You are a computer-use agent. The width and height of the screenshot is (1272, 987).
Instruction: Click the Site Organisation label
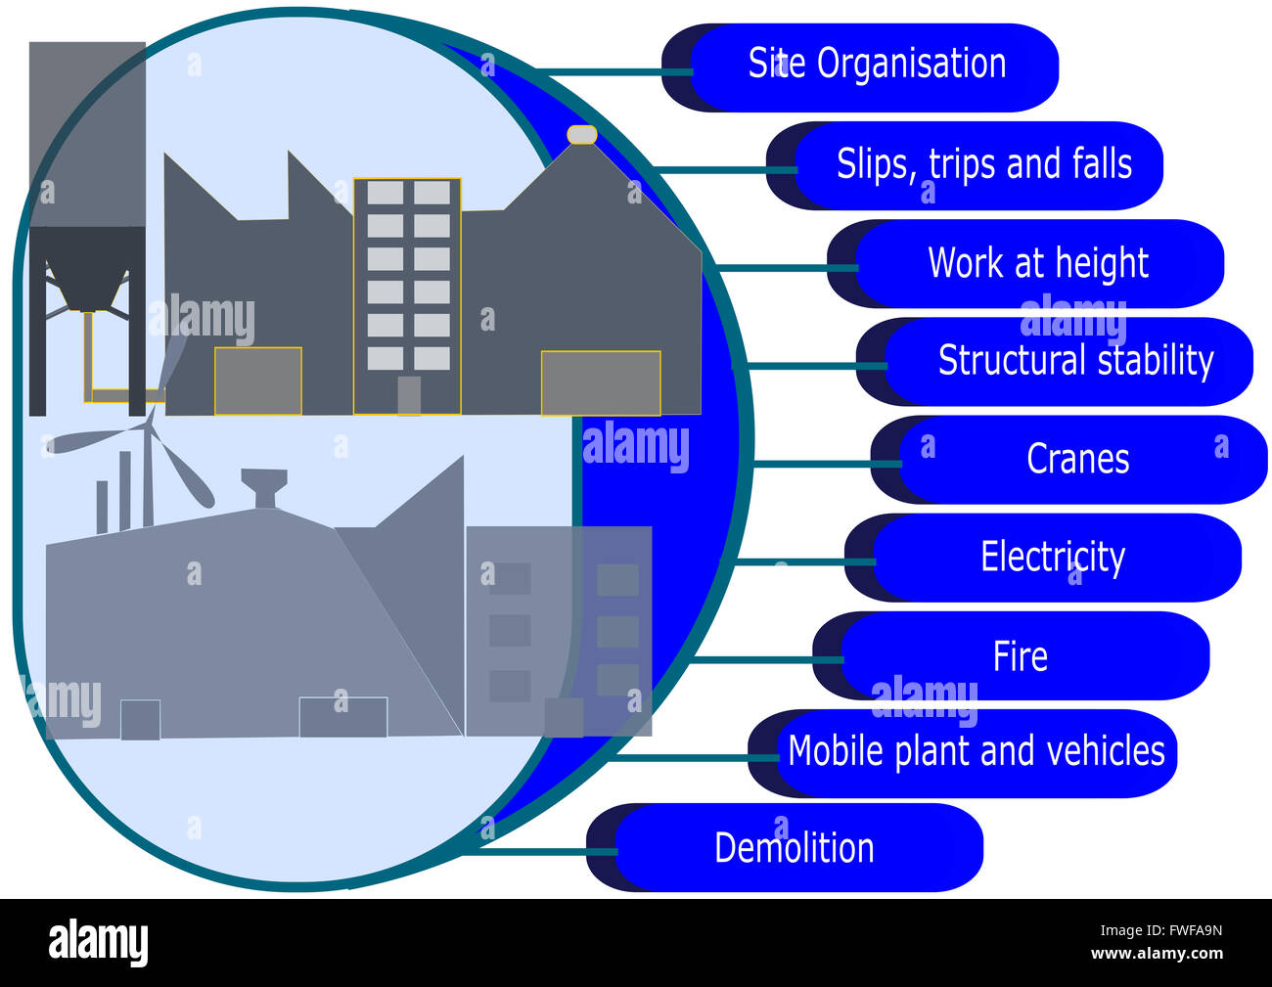[x=877, y=64]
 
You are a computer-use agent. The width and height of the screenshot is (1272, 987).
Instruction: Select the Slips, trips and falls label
[x=984, y=163]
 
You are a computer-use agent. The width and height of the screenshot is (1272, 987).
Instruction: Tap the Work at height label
[x=1038, y=263]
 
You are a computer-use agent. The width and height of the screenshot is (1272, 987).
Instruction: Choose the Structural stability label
[x=1076, y=360]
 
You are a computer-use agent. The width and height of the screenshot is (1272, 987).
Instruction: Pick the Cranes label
[x=1077, y=459]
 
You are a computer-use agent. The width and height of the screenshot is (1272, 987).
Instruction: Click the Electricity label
[x=1053, y=557]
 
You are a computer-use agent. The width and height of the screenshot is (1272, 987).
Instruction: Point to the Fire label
[x=1020, y=655]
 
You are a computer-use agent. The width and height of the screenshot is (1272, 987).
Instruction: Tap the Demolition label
[x=795, y=848]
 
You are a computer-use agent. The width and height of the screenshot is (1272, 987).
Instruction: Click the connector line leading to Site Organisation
[x=614, y=72]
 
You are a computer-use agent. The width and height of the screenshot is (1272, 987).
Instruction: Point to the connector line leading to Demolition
[x=541, y=852]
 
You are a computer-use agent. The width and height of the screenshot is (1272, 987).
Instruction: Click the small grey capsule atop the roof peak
[x=582, y=135]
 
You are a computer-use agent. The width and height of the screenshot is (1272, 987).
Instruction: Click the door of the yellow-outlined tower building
[x=409, y=395]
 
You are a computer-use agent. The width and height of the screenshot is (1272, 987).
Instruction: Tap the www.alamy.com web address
[x=1157, y=953]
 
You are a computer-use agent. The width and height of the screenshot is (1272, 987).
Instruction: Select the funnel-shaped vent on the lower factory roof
[x=264, y=488]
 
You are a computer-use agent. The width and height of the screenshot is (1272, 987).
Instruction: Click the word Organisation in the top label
[x=911, y=64]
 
